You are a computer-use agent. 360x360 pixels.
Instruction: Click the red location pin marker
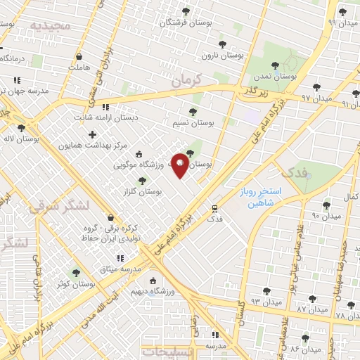tap(180, 165)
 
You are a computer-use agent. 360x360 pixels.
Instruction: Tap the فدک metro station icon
tap(215, 208)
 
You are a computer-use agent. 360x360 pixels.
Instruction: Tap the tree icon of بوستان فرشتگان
tap(186, 11)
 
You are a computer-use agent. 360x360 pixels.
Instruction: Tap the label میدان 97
tap(315, 98)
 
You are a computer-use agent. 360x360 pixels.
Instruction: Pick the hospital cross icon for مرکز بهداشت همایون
tap(93, 134)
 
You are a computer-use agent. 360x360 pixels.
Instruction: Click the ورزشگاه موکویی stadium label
tap(139, 165)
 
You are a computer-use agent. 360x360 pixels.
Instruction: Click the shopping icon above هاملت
tap(79, 56)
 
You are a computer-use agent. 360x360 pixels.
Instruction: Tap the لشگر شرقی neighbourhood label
tap(59, 207)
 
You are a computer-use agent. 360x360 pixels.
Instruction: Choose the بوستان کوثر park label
tap(78, 284)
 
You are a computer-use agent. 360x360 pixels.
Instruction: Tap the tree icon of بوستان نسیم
tap(193, 112)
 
